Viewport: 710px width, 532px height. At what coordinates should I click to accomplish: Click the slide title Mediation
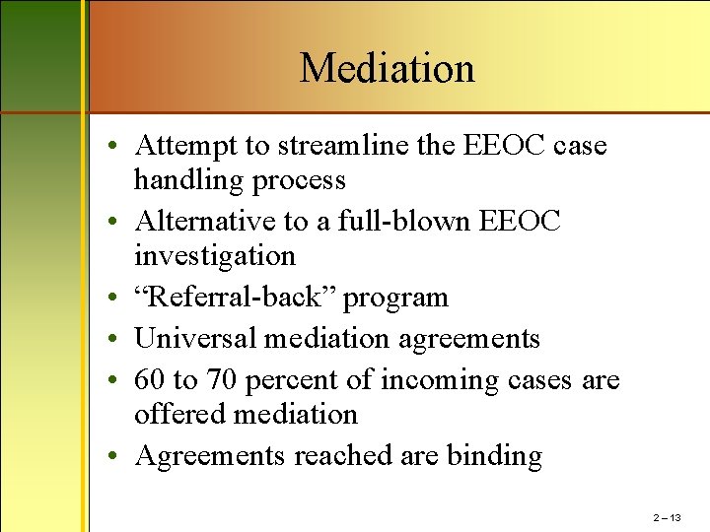click(387, 68)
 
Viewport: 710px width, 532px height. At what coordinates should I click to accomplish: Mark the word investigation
click(214, 255)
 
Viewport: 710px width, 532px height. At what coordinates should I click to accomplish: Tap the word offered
click(180, 414)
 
